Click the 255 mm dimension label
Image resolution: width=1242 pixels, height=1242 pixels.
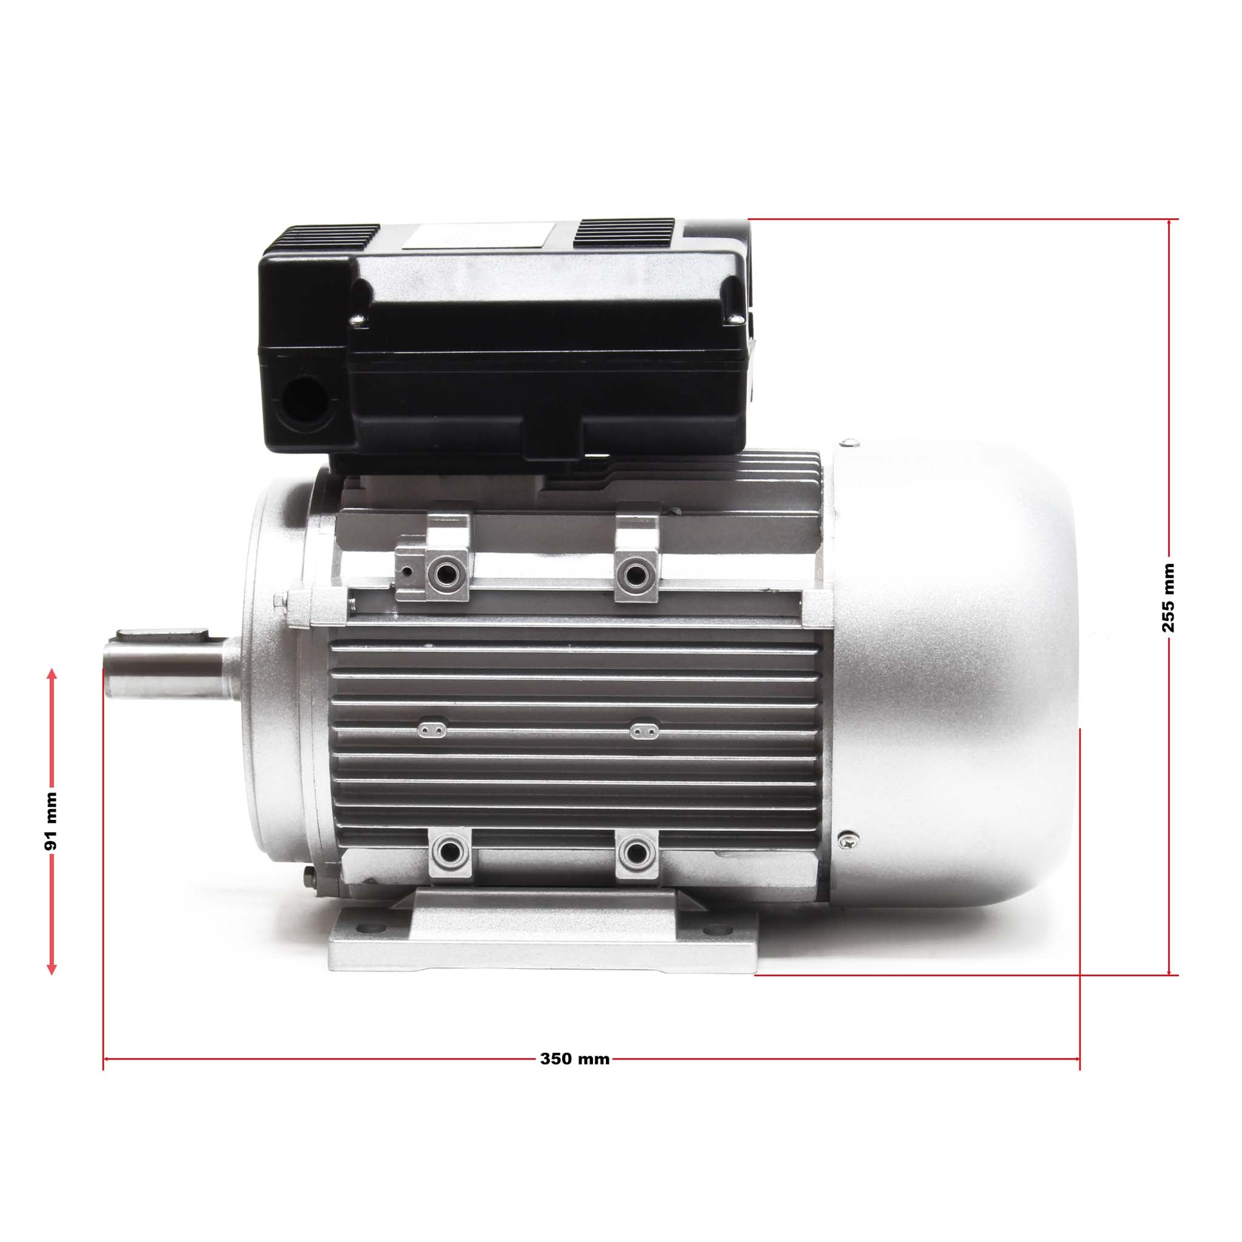coord(1168,598)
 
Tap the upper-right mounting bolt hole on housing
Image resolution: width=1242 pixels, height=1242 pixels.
coord(636,571)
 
